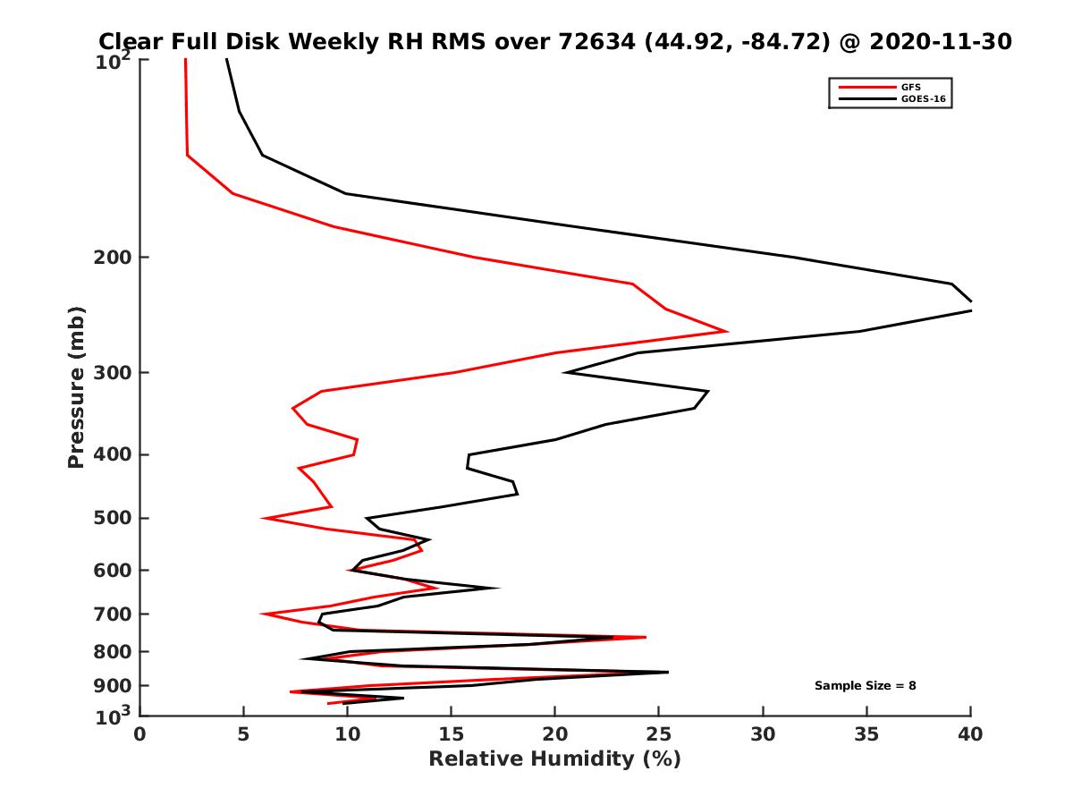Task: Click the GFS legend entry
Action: (x=909, y=87)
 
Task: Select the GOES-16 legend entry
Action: (x=920, y=99)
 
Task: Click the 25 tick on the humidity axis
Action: (x=659, y=735)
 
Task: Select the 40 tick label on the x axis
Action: (x=970, y=735)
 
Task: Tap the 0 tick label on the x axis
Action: (x=140, y=735)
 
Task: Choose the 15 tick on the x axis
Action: (x=452, y=735)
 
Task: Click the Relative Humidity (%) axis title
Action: (x=554, y=759)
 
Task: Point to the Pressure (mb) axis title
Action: (x=76, y=386)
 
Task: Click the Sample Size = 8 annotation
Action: (x=865, y=686)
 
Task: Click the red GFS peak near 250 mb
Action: (x=726, y=331)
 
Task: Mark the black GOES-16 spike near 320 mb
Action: (x=707, y=391)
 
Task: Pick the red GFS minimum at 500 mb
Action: (x=265, y=518)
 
